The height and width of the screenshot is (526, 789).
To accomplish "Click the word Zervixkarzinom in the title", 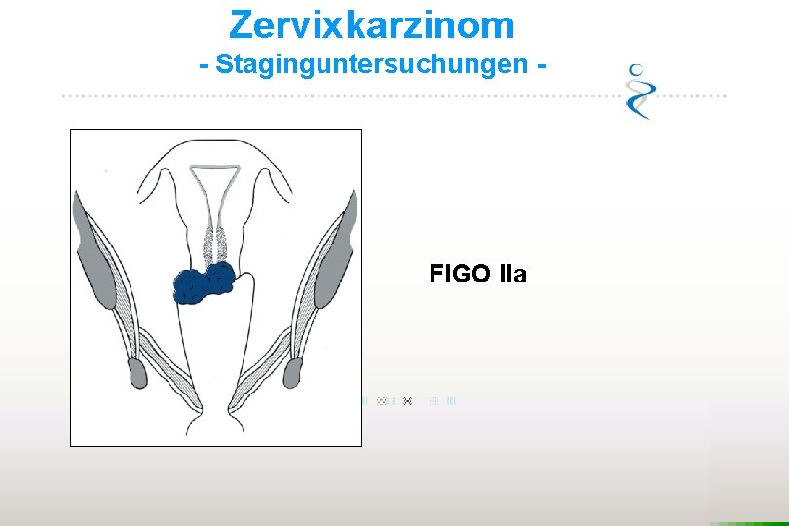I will (x=372, y=23).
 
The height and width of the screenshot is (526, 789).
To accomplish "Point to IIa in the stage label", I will (x=512, y=274).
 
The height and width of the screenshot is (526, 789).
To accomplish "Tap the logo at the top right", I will (x=641, y=91).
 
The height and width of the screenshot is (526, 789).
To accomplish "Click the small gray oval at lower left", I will (x=136, y=371).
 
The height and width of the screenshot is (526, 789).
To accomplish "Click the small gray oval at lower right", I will (x=296, y=371).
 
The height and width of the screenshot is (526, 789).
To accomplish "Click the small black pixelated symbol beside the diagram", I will (x=407, y=400).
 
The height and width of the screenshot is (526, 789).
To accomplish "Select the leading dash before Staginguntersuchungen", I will (x=204, y=65).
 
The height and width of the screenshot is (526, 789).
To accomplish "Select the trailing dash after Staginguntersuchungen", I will (x=540, y=65).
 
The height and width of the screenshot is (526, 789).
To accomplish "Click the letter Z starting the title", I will (x=241, y=23).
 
